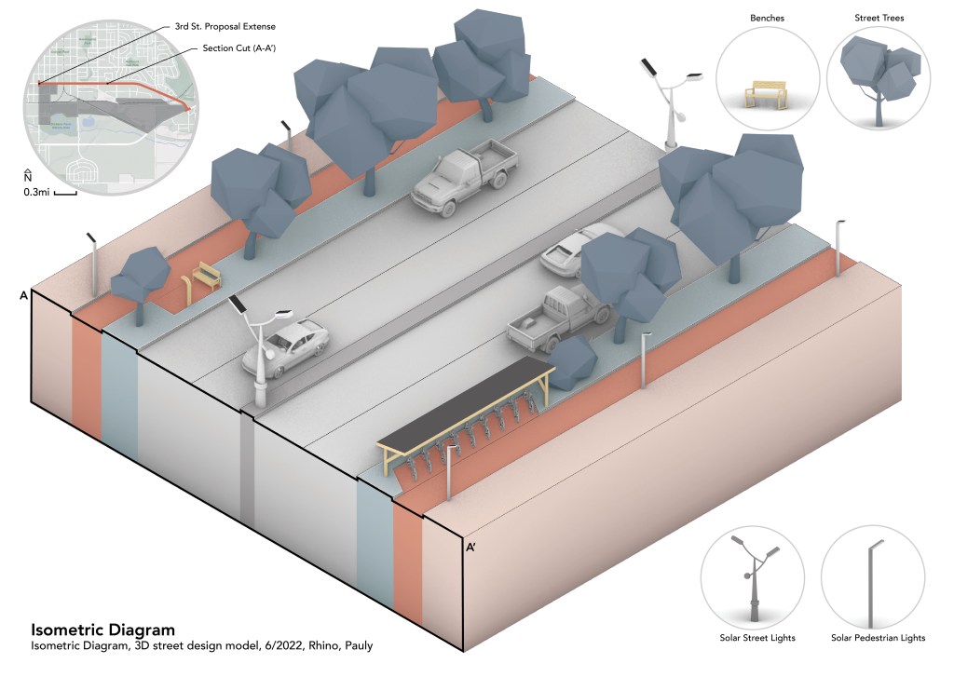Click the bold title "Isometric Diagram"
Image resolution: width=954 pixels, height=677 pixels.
pyautogui.click(x=102, y=630)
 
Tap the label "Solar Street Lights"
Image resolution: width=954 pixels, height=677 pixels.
pyautogui.click(x=756, y=638)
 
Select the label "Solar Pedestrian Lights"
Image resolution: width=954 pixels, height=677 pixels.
pyautogui.click(x=878, y=638)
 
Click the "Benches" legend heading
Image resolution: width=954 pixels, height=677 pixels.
pyautogui.click(x=767, y=18)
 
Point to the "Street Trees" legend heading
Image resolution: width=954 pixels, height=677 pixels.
pyautogui.click(x=879, y=18)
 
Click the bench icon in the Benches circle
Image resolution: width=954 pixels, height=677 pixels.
pyautogui.click(x=765, y=92)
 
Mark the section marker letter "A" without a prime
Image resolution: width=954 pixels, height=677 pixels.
pyautogui.click(x=22, y=295)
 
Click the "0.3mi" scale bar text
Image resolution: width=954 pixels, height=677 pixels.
pyautogui.click(x=36, y=193)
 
